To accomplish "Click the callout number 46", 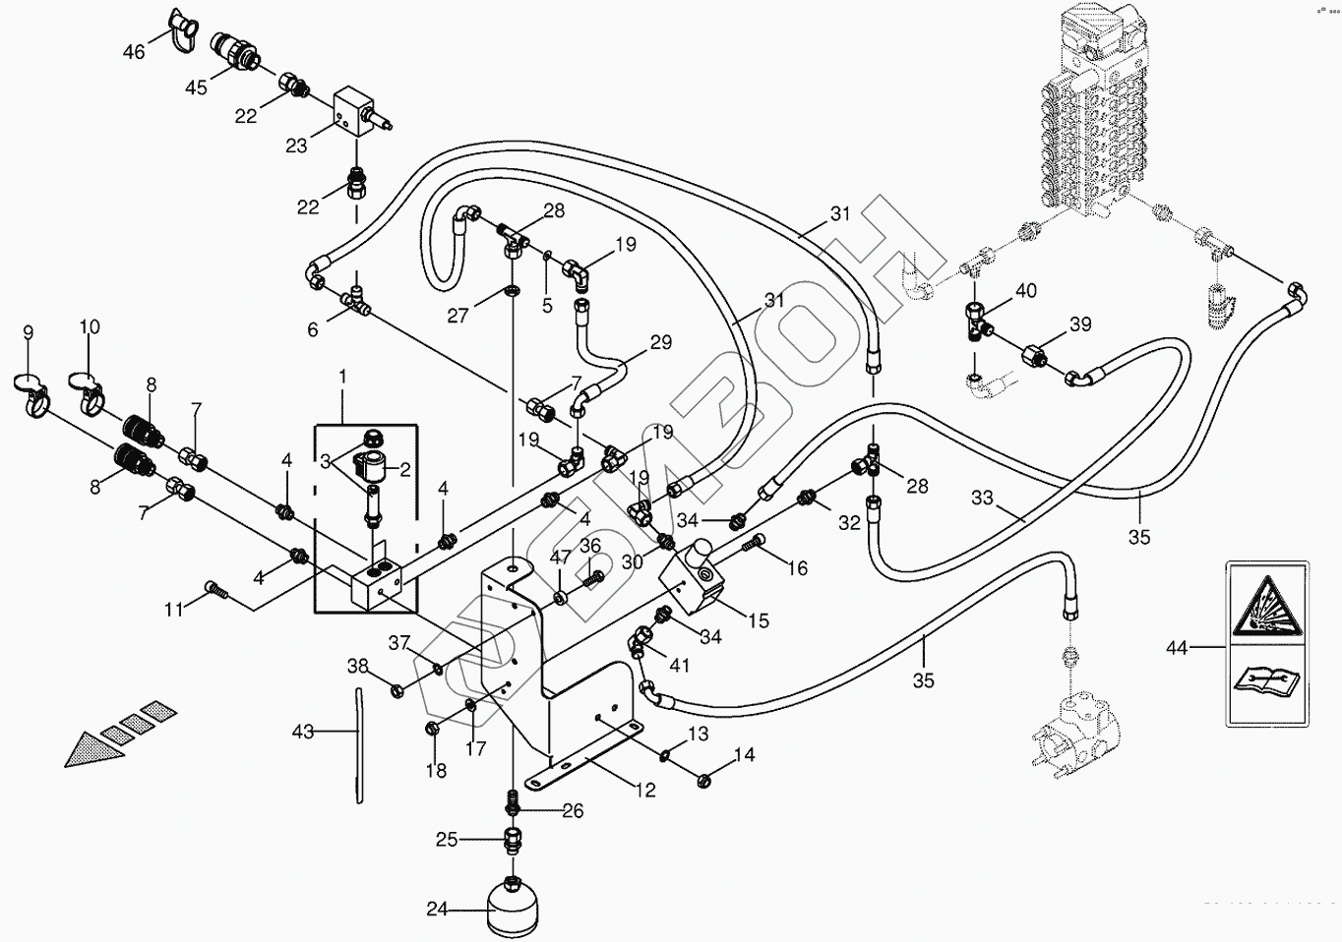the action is point(134,52).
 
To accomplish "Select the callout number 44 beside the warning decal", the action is point(1177,647).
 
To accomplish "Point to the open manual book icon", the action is point(1266,682).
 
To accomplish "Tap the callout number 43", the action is point(303,732).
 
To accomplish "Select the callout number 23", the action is point(296,146).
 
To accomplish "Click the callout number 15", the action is point(759,620).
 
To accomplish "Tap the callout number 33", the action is point(982,498).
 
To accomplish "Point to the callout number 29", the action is point(661,342).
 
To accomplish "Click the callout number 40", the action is point(1026,291).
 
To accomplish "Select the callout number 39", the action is point(1081,324).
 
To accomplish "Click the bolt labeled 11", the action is point(215,590).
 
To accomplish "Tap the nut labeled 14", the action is point(703,781).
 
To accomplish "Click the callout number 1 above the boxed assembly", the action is point(342,377).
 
